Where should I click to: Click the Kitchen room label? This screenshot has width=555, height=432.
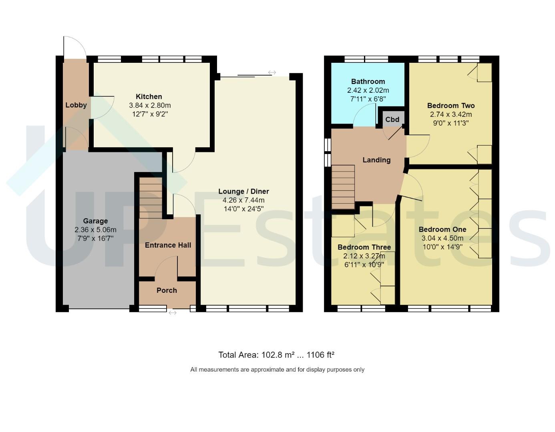tap(149, 97)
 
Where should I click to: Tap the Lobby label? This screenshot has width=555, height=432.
tap(76, 105)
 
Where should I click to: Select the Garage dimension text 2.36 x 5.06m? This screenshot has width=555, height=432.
tap(95, 230)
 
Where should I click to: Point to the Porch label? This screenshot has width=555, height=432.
tap(167, 290)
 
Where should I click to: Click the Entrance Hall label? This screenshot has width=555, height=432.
tap(168, 245)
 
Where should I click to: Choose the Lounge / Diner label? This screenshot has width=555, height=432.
tap(243, 191)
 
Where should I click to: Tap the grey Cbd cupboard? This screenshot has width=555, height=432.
tap(392, 119)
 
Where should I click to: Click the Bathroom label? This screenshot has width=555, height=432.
tap(368, 81)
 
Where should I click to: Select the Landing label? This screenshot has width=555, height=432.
tap(376, 160)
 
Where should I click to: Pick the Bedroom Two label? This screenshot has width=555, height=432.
tap(451, 106)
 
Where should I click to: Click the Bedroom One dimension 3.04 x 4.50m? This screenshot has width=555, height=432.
tap(442, 238)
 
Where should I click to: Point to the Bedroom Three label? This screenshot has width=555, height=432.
tap(364, 247)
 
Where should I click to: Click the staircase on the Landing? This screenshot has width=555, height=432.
tap(343, 187)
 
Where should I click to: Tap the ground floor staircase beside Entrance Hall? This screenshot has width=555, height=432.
tap(151, 198)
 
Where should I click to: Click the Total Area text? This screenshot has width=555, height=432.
tap(276, 355)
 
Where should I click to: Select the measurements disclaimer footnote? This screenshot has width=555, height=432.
tap(277, 370)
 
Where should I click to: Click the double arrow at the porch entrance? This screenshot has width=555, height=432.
tap(173, 313)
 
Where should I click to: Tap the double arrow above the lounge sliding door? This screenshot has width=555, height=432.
tap(272, 73)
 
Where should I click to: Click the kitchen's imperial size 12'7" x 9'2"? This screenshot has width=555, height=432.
tap(150, 114)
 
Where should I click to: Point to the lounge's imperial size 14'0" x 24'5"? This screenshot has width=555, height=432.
tap(243, 209)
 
